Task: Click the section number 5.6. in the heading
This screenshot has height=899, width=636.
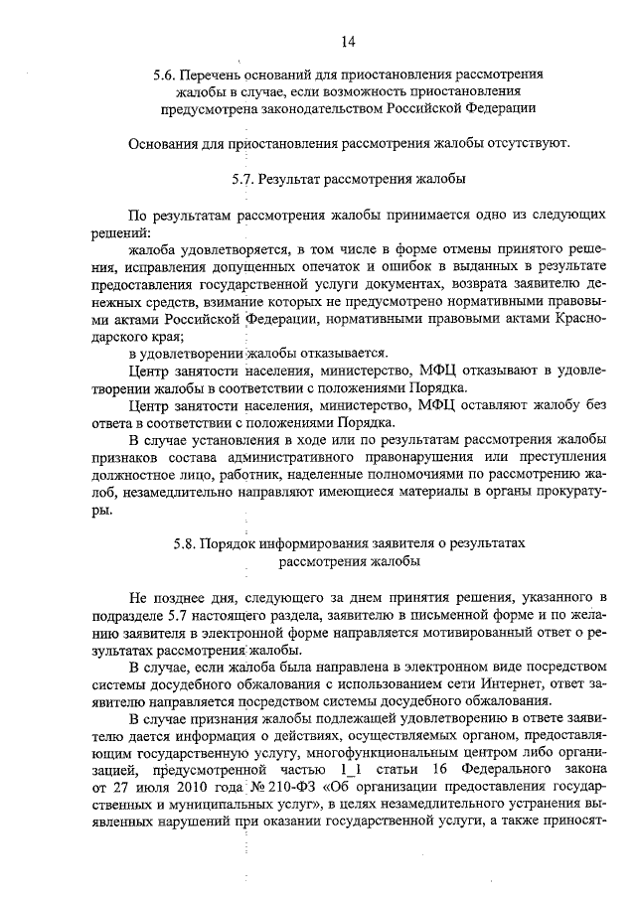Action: tap(165, 75)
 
